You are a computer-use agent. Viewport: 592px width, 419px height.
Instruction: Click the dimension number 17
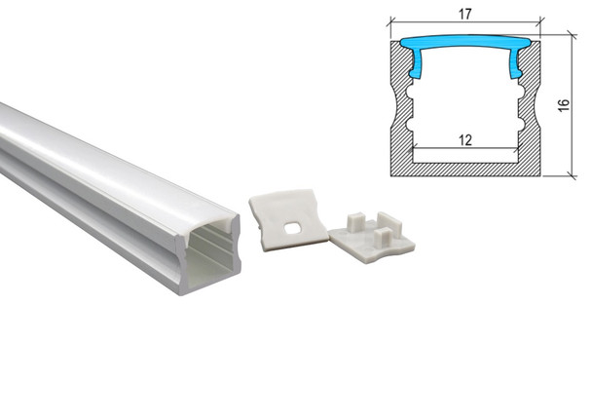tap(464, 14)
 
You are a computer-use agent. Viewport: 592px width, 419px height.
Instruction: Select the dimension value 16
tap(564, 105)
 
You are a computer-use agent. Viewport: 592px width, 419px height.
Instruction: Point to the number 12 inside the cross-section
tap(464, 139)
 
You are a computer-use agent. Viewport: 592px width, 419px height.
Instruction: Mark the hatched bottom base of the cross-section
tap(464, 168)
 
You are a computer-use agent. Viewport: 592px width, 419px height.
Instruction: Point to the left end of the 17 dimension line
tap(391, 23)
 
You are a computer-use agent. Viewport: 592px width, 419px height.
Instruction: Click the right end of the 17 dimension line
tap(538, 23)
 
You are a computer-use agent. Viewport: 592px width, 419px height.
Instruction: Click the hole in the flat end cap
tap(290, 228)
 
